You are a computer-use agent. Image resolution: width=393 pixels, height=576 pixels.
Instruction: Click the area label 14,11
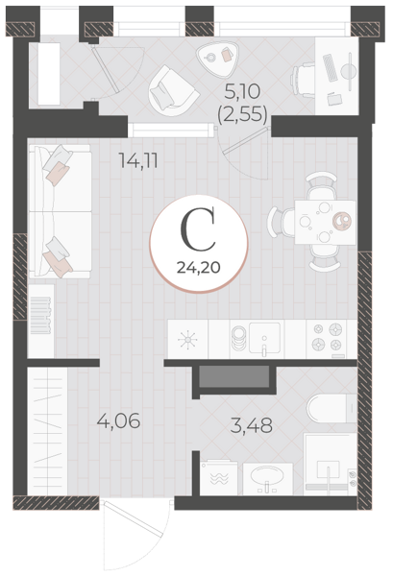coord(138,160)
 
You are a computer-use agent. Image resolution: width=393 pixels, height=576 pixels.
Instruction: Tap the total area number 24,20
coord(199,268)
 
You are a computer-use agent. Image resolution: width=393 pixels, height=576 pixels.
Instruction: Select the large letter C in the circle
coord(198,229)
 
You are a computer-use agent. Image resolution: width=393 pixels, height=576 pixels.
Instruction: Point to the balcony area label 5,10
coord(242,91)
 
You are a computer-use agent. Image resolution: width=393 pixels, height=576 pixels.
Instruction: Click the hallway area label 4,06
coord(118,420)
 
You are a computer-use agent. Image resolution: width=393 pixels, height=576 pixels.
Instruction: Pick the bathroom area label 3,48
coord(252,425)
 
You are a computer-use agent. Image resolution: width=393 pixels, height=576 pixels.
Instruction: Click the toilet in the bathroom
coord(332,409)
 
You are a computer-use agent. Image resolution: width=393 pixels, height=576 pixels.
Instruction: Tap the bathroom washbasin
coord(267,478)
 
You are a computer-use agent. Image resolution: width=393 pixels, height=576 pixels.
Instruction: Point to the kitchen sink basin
coord(264,337)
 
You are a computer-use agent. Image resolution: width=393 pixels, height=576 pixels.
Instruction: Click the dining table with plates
coord(325,223)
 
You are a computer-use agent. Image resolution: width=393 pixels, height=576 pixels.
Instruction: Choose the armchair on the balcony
coord(173,91)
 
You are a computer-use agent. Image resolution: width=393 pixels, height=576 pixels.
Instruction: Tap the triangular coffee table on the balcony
coord(216,58)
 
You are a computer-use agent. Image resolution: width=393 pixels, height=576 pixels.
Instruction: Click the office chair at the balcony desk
coord(303,80)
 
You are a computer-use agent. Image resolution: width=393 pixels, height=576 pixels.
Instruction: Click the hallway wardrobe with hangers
coord(47,432)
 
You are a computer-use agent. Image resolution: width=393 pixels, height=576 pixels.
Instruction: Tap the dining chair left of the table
coord(281,223)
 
